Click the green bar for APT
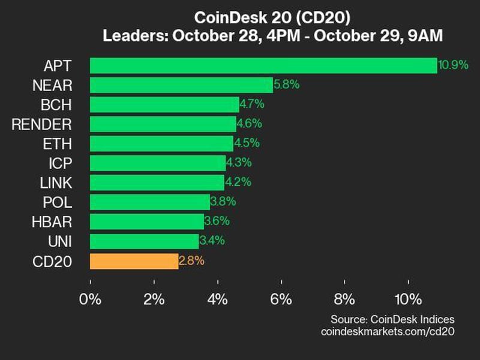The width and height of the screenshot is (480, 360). [263, 65]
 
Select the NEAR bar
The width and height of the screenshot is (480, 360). [181, 85]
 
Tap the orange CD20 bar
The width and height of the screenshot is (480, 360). [134, 261]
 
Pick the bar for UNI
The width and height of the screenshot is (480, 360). [144, 241]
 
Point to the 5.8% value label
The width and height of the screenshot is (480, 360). [286, 85]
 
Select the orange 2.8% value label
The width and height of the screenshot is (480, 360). [192, 261]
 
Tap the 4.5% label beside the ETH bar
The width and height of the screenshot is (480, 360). [247, 143]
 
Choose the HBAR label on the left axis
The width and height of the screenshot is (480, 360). [52, 222]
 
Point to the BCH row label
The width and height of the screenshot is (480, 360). [57, 105]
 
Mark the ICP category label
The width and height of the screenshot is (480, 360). [60, 163]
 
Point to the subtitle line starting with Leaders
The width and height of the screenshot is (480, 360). [272, 36]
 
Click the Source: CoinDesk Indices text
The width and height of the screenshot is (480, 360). [392, 319]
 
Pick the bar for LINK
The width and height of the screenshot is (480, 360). [157, 182]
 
